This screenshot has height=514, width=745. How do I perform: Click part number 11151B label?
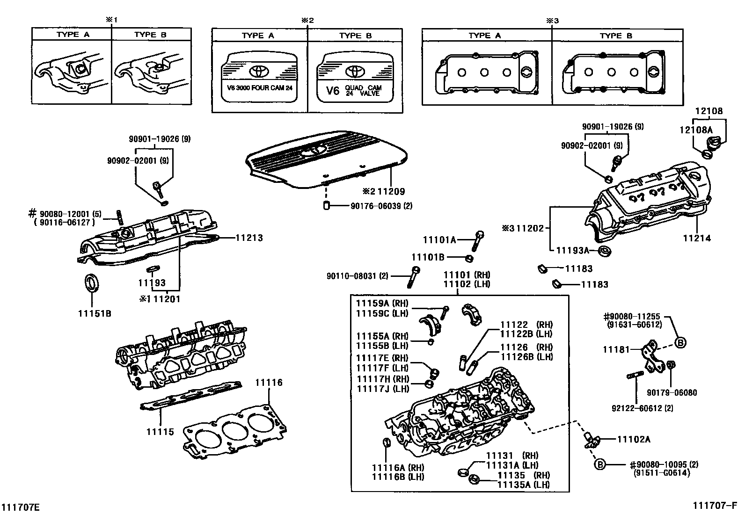pos(95,313)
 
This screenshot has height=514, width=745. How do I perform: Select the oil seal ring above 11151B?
pos(92,283)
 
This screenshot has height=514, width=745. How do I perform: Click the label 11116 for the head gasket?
pos(269,383)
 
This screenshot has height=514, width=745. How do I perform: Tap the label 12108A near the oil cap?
pos(696,130)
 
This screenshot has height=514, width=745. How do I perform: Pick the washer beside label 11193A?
pos(606,251)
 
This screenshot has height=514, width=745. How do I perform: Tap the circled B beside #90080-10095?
pos(600,464)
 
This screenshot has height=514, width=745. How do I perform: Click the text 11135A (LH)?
pos(523,485)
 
